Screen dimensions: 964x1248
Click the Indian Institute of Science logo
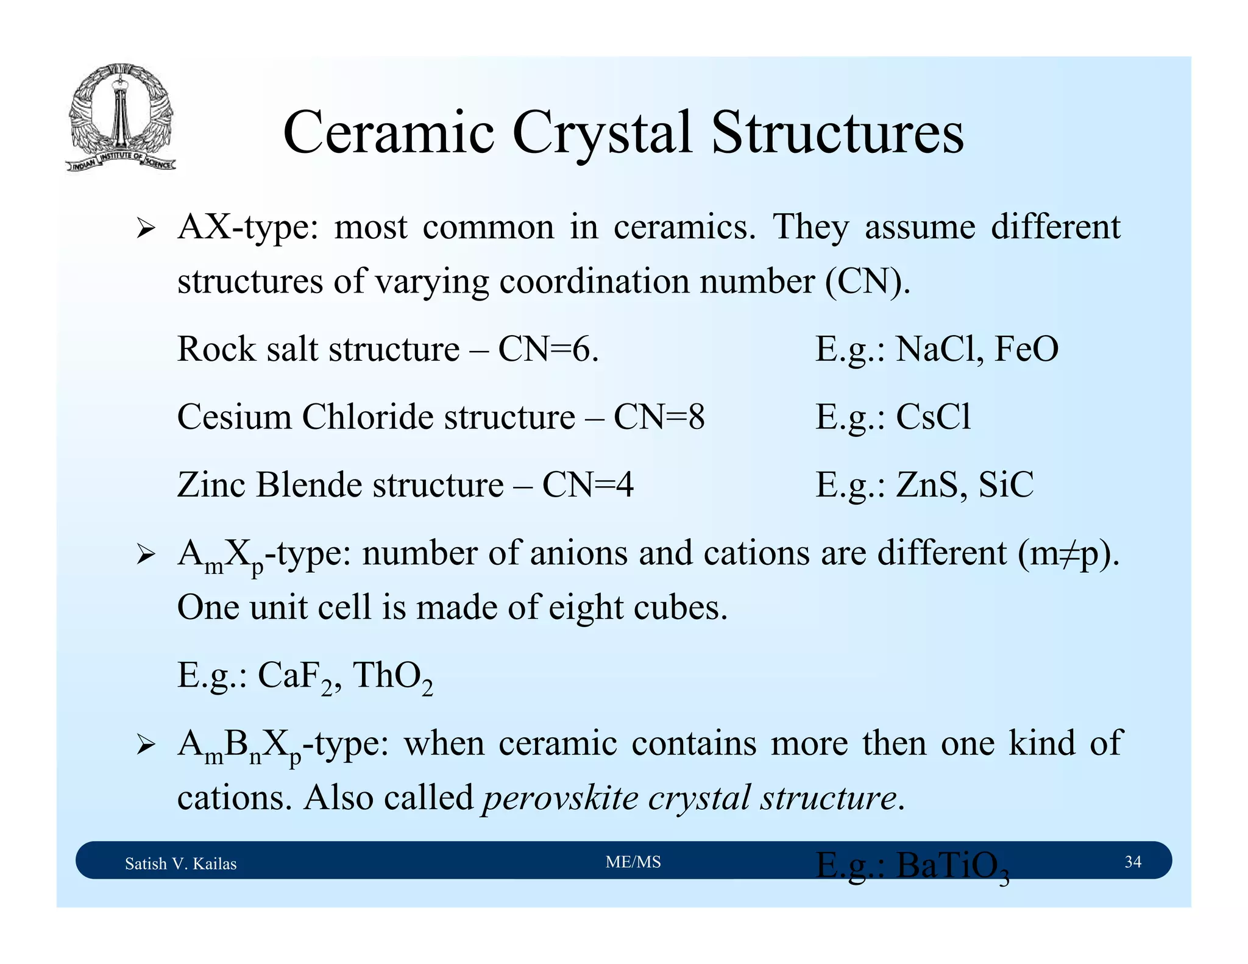click(x=121, y=117)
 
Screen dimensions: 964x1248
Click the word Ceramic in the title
click(x=388, y=133)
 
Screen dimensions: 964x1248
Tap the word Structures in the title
click(x=837, y=133)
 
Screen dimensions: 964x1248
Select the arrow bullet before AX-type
click(x=146, y=230)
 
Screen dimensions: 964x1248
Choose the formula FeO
click(x=1026, y=350)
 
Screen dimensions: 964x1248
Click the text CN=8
click(x=659, y=417)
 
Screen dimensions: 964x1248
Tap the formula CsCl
click(x=933, y=417)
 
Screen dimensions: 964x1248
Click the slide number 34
click(x=1132, y=862)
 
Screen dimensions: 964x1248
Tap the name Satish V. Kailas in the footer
click(x=180, y=863)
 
